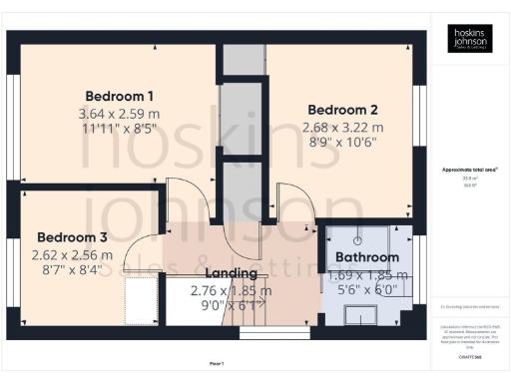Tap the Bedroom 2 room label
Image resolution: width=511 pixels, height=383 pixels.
[x=342, y=110]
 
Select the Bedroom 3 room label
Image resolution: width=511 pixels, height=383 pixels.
[x=71, y=237]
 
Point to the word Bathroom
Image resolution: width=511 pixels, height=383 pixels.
[x=366, y=257]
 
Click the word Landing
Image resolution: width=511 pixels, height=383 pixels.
[x=231, y=273]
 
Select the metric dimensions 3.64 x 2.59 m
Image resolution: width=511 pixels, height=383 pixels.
[x=118, y=114]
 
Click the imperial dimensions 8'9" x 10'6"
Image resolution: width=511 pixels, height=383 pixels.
[x=342, y=143]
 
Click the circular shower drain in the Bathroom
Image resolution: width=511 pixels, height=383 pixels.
[x=357, y=243]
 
